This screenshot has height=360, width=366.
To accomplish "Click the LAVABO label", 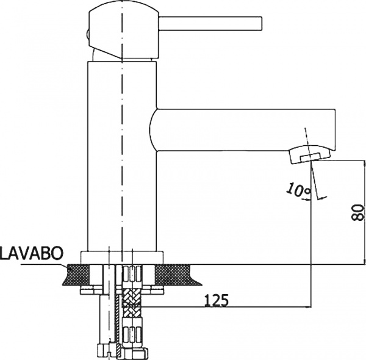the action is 32,253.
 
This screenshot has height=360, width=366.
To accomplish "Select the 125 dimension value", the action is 216,300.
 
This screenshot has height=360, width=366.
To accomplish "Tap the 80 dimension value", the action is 357,212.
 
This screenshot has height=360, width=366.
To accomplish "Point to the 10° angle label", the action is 298,190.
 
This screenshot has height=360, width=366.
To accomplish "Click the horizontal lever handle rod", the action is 210,23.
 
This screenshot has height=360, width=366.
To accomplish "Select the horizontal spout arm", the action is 243,130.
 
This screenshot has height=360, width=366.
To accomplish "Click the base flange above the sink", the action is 122,257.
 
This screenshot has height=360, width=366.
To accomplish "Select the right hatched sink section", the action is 177,275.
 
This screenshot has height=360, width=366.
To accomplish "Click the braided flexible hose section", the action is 132,303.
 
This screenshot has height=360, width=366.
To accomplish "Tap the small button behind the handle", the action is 87,35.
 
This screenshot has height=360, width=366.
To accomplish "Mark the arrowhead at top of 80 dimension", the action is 364,164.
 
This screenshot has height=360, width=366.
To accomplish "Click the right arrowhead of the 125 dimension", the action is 308,307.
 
